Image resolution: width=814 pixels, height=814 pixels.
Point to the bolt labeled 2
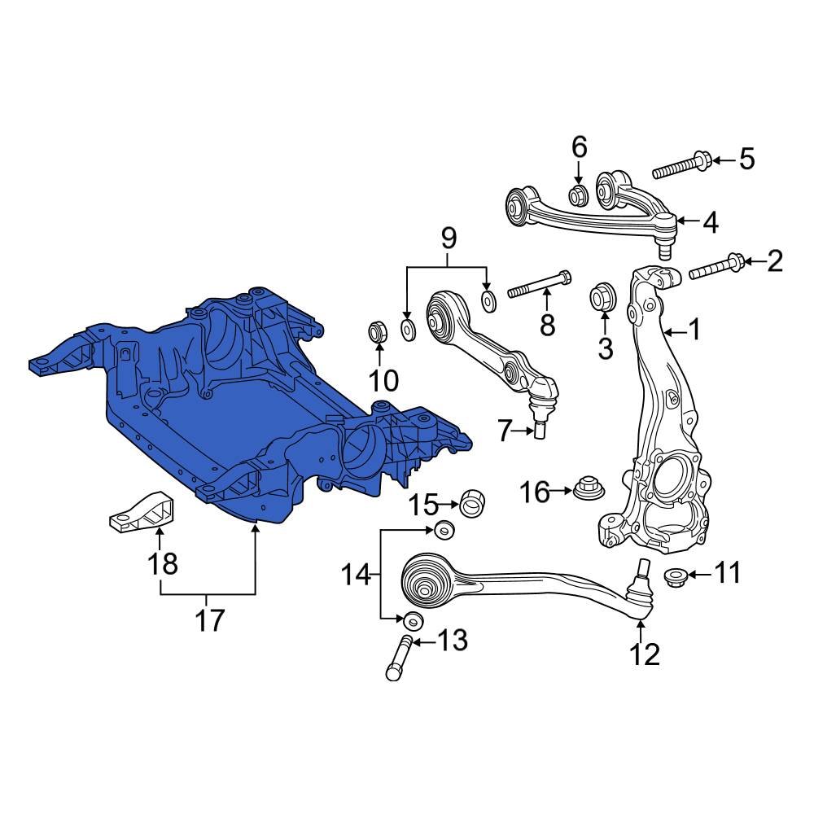coord(716,267)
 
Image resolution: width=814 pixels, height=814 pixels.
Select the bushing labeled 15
coord(473,503)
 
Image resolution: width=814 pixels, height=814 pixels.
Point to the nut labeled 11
coord(675,576)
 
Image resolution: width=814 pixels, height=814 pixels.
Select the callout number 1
coord(694,330)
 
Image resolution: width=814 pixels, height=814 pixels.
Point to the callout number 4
coord(710,221)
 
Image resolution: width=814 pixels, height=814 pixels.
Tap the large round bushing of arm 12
coord(427,580)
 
